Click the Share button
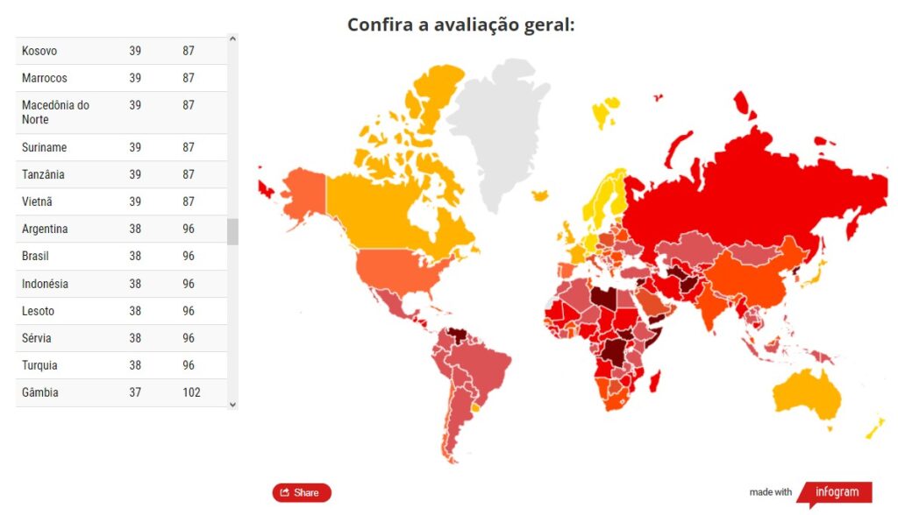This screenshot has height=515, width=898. [x=302, y=492]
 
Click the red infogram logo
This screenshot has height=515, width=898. [x=834, y=491]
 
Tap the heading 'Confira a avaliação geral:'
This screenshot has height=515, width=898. [x=460, y=24]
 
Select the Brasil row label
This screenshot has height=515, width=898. [x=35, y=257]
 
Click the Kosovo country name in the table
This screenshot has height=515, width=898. [x=39, y=51]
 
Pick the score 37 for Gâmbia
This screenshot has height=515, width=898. [x=135, y=392]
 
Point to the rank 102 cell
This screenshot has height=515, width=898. [x=191, y=392]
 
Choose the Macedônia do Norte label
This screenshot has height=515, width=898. [x=55, y=112]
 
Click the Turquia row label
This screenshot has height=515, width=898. [x=39, y=365]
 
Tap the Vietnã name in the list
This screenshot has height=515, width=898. [x=37, y=202]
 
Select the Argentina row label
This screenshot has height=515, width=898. [x=45, y=229]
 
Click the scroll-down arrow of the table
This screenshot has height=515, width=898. [x=232, y=404]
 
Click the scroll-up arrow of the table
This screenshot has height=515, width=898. [x=232, y=39]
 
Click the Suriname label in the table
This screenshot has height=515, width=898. [x=44, y=148]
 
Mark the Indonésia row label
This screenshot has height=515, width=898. [x=45, y=284]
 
